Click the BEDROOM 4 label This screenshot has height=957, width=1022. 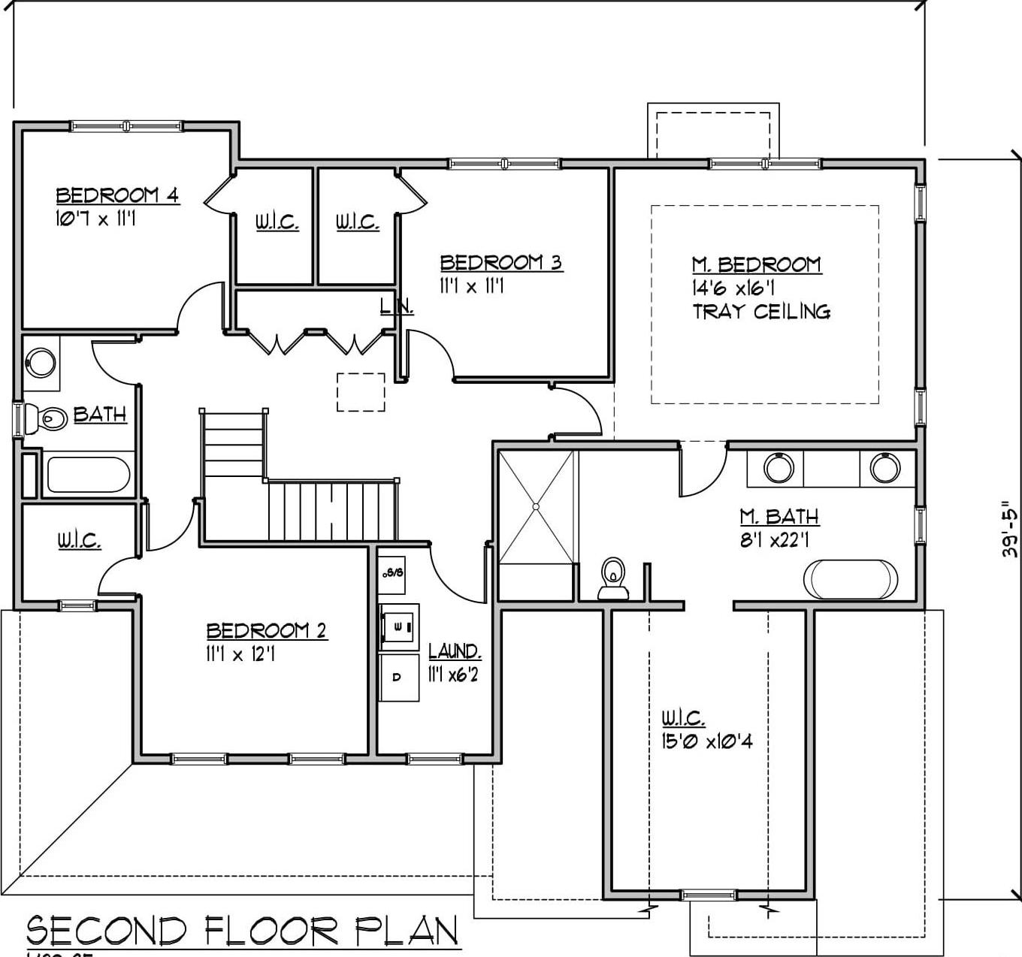point(117,195)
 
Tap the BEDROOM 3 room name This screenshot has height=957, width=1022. point(500,262)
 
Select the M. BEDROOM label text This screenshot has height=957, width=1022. point(756,264)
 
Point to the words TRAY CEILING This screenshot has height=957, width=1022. point(760,311)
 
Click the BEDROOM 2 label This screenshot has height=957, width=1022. point(267,630)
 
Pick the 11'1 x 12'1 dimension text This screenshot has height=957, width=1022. point(240,654)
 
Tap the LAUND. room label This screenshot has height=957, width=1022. point(455,651)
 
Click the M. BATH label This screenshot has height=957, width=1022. point(779,517)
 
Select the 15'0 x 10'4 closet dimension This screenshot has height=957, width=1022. point(707,741)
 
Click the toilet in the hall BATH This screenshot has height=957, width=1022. point(44,418)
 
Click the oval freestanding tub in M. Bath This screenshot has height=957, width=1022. point(850,578)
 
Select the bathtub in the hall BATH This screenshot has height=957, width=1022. point(88,475)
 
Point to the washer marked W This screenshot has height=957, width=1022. point(398,625)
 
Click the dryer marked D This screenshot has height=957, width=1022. point(398,677)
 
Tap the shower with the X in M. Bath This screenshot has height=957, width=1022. point(537,506)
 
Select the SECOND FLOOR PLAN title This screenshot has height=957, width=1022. point(242,931)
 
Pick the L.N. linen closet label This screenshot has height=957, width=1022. point(396,306)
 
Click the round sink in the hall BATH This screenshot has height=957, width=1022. point(41,363)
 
